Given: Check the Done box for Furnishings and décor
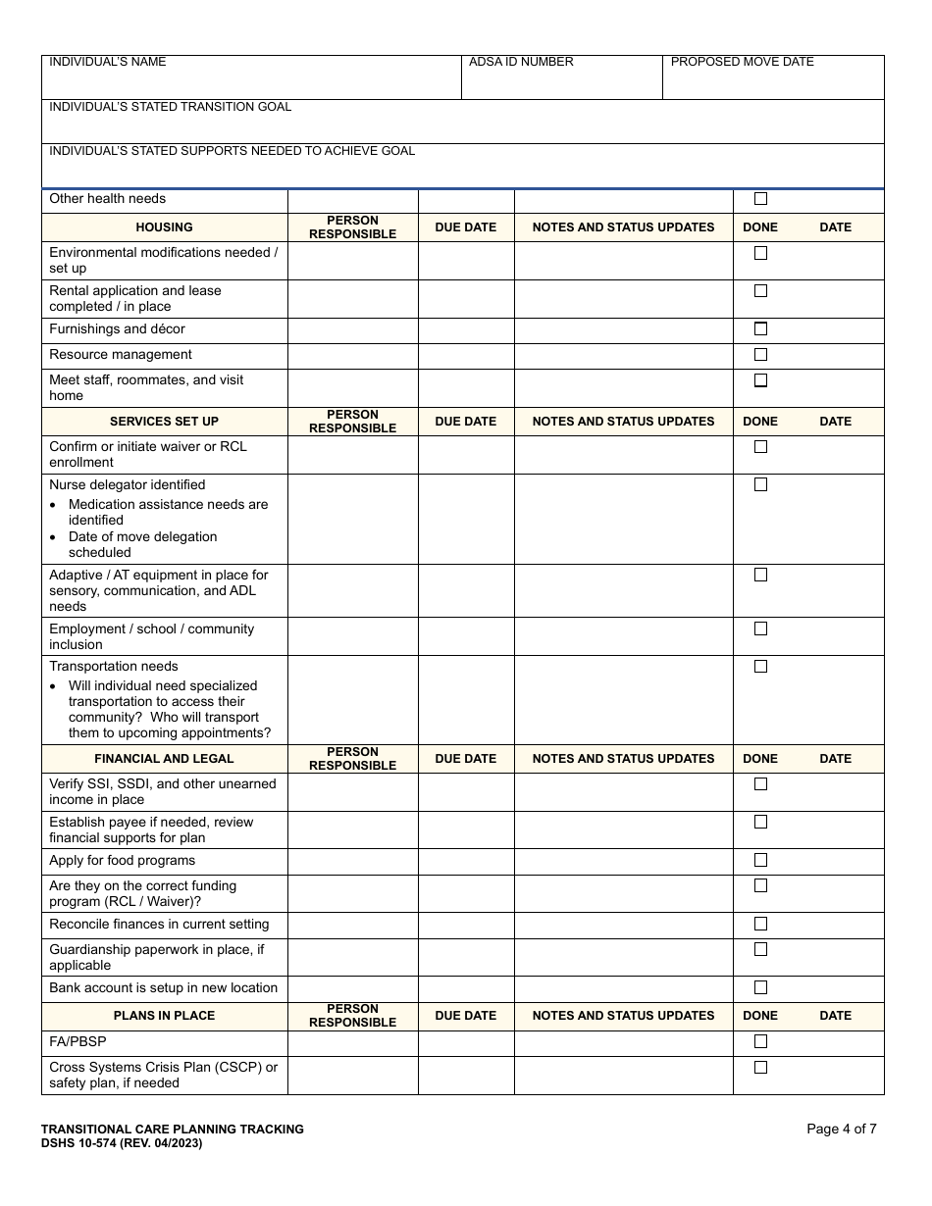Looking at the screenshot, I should [x=760, y=329].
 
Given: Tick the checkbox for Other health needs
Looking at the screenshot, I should [x=760, y=199].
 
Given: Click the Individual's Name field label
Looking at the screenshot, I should [x=108, y=62].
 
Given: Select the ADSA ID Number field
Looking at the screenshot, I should [x=561, y=77].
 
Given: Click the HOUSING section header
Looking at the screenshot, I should [x=164, y=227].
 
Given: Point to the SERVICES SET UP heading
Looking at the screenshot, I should [x=164, y=422].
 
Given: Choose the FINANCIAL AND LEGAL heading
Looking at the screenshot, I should [x=164, y=759].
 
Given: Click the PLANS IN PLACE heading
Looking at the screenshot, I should [x=164, y=1016].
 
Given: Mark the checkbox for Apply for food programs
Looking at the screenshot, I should [x=760, y=861].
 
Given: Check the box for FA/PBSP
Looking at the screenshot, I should [x=760, y=1041].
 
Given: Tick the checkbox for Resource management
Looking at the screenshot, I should [x=760, y=355].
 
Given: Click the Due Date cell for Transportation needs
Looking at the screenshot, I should [x=466, y=700].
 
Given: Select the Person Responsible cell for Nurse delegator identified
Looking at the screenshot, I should [x=352, y=519].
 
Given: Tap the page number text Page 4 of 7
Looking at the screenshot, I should [x=841, y=1129].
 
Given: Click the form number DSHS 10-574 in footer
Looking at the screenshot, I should [x=122, y=1143].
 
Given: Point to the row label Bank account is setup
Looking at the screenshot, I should [x=163, y=988].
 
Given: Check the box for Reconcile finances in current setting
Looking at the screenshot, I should [x=760, y=925].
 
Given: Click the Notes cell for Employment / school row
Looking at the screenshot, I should [x=623, y=636].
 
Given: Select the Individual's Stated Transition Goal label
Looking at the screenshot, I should [x=170, y=107].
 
